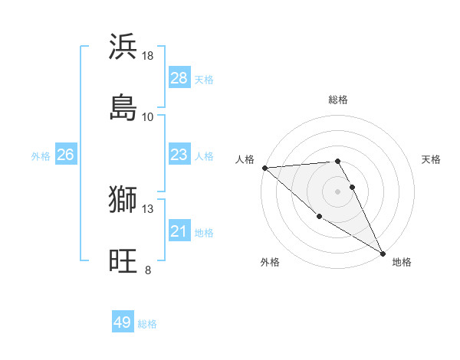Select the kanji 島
[x=123, y=106]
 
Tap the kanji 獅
[x=123, y=200]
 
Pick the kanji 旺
[x=123, y=260]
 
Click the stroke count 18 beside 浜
[x=148, y=56]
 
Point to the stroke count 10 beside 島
[x=148, y=116]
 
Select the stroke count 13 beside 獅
[x=148, y=209]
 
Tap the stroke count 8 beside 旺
[x=148, y=270]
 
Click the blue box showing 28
[x=179, y=78]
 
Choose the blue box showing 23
[x=179, y=155]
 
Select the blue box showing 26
[x=66, y=155]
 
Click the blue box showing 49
[x=123, y=322]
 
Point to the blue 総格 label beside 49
[x=148, y=324]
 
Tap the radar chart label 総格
[x=338, y=100]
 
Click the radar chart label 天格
[x=432, y=159]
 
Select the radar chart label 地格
[x=402, y=262]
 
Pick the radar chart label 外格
[x=270, y=262]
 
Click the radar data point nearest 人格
[x=264, y=168]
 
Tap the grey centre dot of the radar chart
[x=338, y=191]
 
